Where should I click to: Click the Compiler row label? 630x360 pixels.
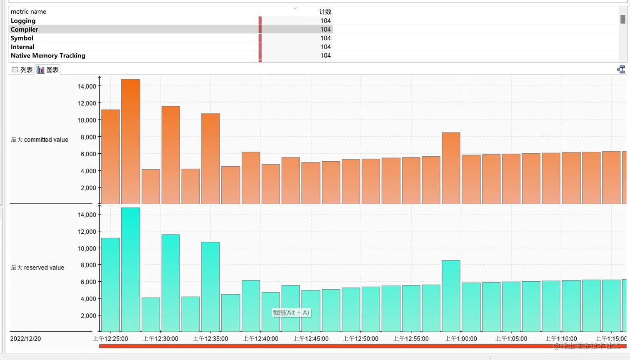tap(25, 30)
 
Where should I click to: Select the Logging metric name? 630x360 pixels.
tap(23, 21)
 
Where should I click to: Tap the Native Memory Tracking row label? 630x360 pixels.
tap(48, 56)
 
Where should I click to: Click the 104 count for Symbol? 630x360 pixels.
tap(325, 38)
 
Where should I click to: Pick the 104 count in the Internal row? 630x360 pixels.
tap(325, 47)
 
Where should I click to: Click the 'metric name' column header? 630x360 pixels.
tap(28, 12)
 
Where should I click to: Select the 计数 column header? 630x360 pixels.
tap(325, 12)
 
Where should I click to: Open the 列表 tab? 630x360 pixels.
tap(22, 70)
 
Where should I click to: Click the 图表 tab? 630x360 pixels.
tap(48, 70)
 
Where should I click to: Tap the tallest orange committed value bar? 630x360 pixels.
tap(130, 142)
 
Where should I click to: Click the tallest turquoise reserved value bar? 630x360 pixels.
tap(130, 270)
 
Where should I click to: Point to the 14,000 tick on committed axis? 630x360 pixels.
tap(87, 86)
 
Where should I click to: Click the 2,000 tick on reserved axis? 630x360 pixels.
tap(88, 315)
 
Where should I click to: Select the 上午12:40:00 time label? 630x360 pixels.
tap(260, 339)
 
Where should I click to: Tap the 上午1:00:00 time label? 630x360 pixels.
tap(461, 339)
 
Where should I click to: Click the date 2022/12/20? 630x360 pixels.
tap(25, 339)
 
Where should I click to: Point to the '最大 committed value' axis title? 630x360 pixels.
tap(40, 140)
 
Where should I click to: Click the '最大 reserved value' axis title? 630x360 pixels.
tap(37, 267)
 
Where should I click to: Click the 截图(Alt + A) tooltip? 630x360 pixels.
tap(291, 312)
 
